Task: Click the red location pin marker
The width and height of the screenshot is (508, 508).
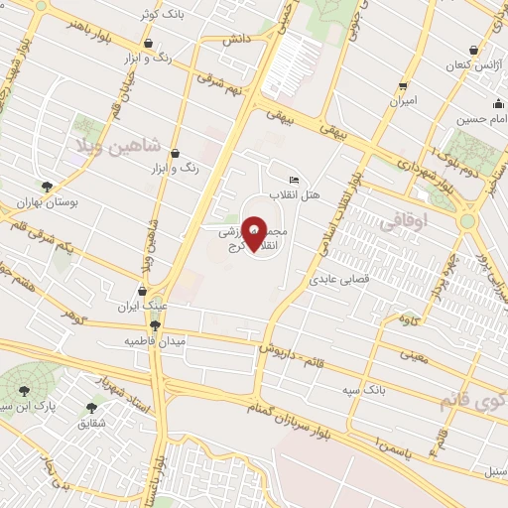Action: point(254,234)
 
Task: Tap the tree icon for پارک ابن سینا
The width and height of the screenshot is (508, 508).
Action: point(27,389)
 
